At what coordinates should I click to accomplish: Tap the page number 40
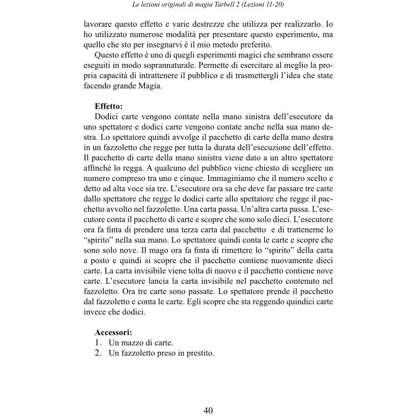pos(208,410)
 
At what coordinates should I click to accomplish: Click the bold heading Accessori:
pos(114,332)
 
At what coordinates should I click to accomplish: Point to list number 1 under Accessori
pos(98,342)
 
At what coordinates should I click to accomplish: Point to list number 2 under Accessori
pos(98,353)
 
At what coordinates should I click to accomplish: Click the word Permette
pos(212,65)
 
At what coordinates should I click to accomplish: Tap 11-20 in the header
pos(275,4)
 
